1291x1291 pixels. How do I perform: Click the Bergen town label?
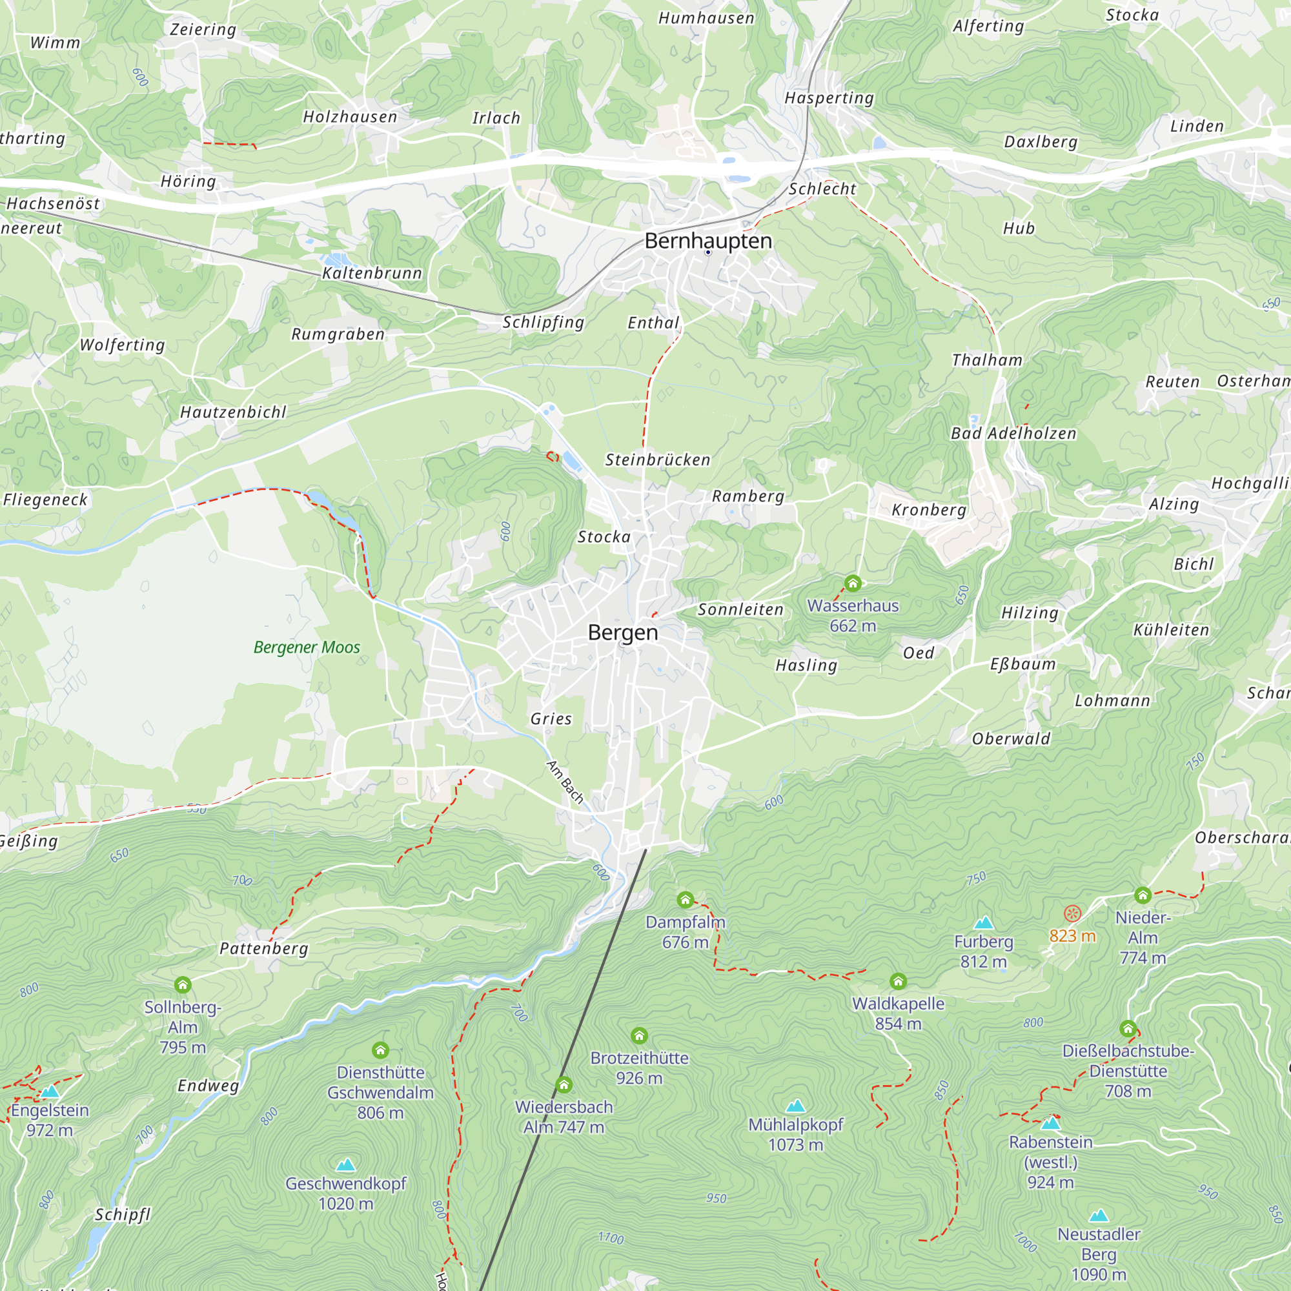623,632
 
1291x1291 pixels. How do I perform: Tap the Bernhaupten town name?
707,241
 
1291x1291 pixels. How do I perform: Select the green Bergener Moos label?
307,647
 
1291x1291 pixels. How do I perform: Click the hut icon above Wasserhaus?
853,584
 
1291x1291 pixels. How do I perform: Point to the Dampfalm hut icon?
685,899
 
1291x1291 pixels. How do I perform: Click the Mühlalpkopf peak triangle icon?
795,1106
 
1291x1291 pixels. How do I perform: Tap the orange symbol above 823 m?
1072,913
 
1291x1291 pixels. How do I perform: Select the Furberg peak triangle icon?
983,924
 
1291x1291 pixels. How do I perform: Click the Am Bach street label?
565,782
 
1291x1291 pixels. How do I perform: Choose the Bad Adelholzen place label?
1013,434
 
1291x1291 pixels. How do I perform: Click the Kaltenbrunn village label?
372,273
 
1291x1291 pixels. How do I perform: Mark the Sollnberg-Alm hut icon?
183,984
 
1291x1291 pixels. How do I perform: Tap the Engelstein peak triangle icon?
50,1092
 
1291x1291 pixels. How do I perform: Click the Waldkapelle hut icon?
898,981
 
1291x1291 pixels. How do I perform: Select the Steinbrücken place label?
658,460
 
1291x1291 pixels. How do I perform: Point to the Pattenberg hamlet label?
264,948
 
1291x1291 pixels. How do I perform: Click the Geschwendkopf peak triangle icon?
345,1165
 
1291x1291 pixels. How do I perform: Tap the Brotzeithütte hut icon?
639,1036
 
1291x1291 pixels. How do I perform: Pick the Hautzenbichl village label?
233,412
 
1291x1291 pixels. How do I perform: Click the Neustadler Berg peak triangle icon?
1099,1215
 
